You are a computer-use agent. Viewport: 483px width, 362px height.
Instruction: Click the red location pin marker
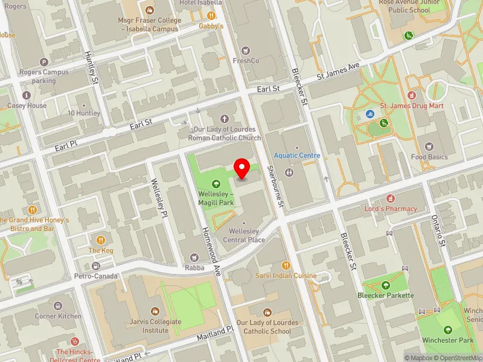pyautogui.click(x=242, y=168)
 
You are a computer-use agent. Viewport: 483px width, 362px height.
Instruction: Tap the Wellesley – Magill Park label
pyautogui.click(x=216, y=198)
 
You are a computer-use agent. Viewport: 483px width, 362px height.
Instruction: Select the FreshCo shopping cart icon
pyautogui.click(x=245, y=50)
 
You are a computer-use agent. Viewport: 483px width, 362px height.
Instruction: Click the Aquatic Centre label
pyautogui.click(x=296, y=156)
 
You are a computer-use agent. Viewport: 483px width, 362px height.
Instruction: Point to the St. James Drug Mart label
pyautogui.click(x=411, y=106)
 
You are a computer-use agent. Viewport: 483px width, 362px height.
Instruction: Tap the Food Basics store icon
pyautogui.click(x=429, y=147)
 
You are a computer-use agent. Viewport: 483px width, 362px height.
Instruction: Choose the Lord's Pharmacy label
pyautogui.click(x=390, y=209)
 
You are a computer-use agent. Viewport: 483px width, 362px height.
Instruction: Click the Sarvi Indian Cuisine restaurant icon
pyautogui.click(x=286, y=265)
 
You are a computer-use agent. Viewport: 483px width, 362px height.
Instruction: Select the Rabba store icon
pyautogui.click(x=194, y=258)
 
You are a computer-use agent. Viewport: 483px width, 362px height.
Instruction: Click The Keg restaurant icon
pyautogui.click(x=101, y=240)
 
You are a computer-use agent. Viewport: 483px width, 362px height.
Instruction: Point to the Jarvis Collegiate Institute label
pyautogui.click(x=156, y=326)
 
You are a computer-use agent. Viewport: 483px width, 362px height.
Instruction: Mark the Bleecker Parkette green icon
pyautogui.click(x=386, y=285)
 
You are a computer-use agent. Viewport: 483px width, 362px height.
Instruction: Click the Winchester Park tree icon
pyautogui.click(x=448, y=329)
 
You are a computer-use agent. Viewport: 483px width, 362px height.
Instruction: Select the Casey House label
pyautogui.click(x=27, y=106)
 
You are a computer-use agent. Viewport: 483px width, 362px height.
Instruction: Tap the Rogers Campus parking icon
pyautogui.click(x=43, y=62)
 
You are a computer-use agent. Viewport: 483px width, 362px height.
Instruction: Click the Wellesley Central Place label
pyautogui.click(x=247, y=235)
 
